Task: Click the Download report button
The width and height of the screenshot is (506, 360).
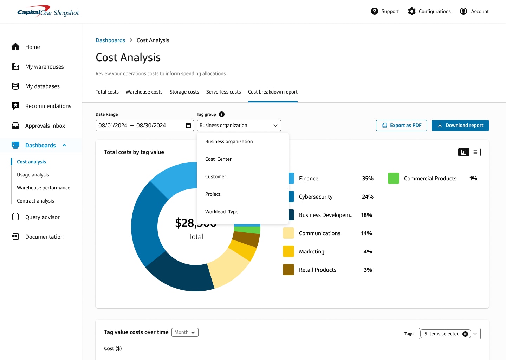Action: coord(460,126)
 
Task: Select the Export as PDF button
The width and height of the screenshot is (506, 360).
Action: coord(401,126)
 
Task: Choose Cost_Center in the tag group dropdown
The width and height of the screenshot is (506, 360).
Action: coord(218,159)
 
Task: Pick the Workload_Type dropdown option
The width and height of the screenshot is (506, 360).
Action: coord(221,212)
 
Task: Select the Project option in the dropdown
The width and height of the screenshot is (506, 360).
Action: coord(213,194)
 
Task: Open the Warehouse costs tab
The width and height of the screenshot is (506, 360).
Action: coord(144,92)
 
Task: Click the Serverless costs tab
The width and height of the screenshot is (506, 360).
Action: coord(223,92)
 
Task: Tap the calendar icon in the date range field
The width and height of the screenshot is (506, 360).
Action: coord(188,126)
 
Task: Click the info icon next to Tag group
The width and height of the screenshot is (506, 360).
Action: coord(222,114)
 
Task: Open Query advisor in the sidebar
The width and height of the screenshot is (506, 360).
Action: coord(42,217)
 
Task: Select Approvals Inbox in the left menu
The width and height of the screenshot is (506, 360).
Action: coord(45,126)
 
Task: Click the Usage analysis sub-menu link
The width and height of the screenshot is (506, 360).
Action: coord(33,175)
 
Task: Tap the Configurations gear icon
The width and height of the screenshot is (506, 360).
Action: coord(412,11)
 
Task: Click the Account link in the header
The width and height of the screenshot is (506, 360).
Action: coord(479,11)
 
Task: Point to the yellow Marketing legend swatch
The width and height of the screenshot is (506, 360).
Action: coord(288,251)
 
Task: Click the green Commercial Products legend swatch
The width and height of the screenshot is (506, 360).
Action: coord(394,178)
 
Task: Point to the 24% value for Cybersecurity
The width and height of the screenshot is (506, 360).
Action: coord(368,197)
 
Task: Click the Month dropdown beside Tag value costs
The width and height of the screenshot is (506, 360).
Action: coord(185,332)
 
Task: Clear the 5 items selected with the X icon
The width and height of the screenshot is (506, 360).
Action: coord(465,334)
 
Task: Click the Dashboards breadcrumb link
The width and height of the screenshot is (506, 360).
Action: coord(110,40)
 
